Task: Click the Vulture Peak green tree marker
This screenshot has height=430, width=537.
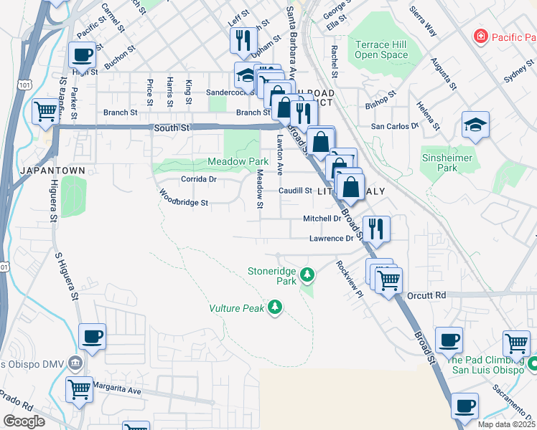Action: tap(274, 307)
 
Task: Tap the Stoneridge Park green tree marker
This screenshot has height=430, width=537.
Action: tap(307, 274)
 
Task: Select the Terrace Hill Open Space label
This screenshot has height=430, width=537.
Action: tap(381, 49)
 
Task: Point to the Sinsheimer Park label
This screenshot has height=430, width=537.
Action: tap(438, 162)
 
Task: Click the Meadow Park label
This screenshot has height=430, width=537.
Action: tap(238, 162)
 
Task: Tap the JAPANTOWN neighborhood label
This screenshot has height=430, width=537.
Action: tap(53, 171)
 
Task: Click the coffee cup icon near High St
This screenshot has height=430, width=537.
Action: tap(81, 54)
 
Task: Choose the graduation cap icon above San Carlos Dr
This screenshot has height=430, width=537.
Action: tap(475, 123)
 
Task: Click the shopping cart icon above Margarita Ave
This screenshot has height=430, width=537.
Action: tap(80, 389)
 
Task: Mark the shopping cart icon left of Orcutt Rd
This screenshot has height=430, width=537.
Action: tap(388, 280)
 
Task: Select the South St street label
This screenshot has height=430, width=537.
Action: tap(171, 128)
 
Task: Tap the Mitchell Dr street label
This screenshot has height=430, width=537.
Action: tap(321, 219)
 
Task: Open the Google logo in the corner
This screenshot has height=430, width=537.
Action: tap(24, 421)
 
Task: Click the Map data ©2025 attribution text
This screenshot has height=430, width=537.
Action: tap(506, 424)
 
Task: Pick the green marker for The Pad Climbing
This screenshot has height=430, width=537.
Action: tap(531, 365)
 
